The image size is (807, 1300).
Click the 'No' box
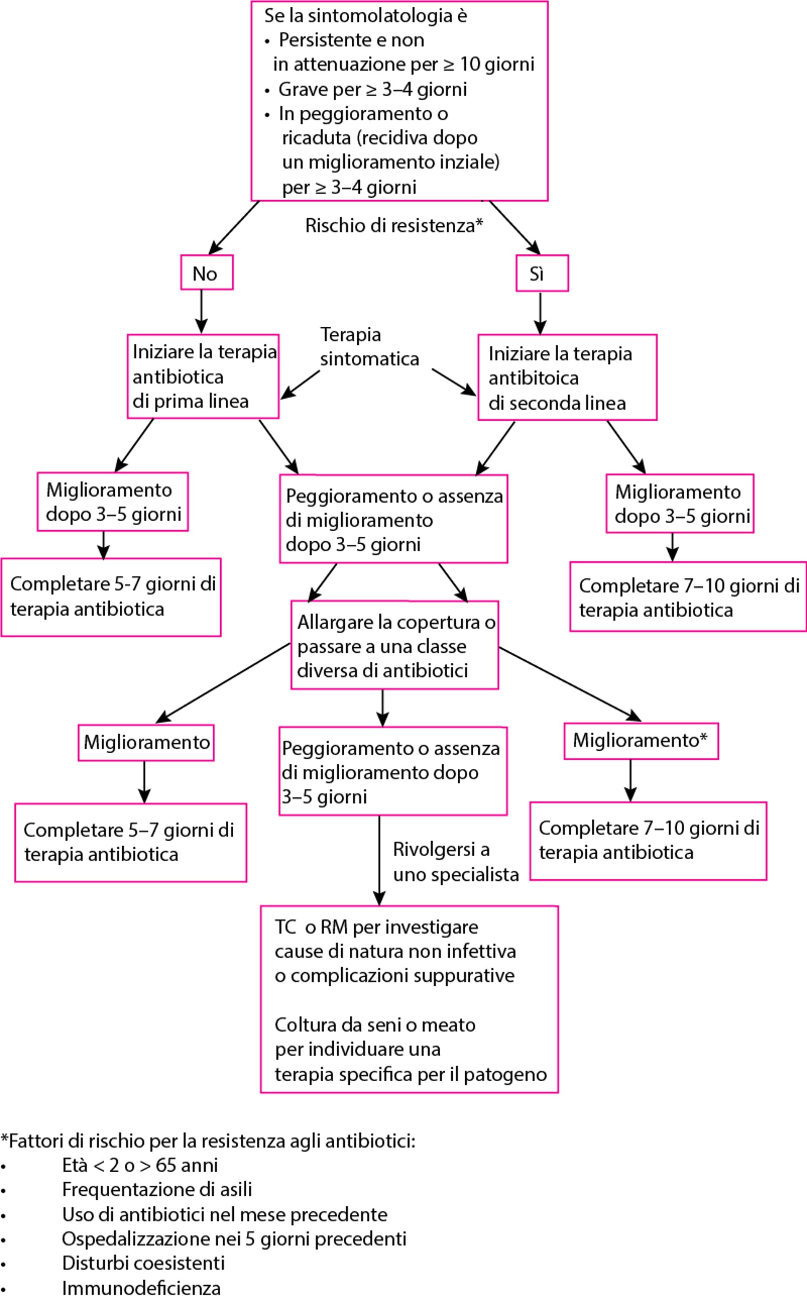[x=206, y=273]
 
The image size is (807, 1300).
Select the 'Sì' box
[x=542, y=273]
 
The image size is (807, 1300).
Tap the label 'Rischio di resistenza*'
[x=394, y=226]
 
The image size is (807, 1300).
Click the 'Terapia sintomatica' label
[x=369, y=347]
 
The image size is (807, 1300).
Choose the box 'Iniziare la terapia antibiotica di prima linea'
[x=203, y=376]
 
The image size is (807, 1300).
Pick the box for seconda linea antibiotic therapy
[x=567, y=378]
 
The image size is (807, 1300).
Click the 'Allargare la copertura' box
[x=394, y=645]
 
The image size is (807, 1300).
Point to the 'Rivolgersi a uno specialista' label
[x=455, y=862]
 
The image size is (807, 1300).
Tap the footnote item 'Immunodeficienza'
[x=141, y=1288]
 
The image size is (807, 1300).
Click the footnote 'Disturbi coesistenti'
[x=143, y=1263]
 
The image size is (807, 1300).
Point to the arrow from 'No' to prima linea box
[x=201, y=312]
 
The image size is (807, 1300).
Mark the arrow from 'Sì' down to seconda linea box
[x=540, y=313]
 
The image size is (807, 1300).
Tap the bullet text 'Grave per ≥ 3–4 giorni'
[x=372, y=89]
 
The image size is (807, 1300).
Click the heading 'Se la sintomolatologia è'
[x=366, y=16]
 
